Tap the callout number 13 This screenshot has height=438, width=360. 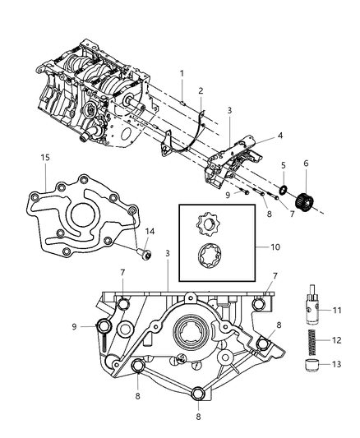(335, 367)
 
